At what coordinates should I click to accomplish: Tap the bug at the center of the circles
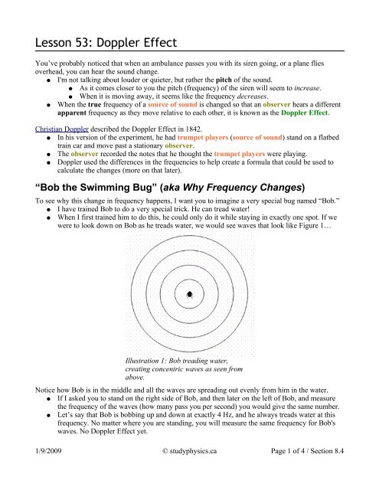coord(188,293)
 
